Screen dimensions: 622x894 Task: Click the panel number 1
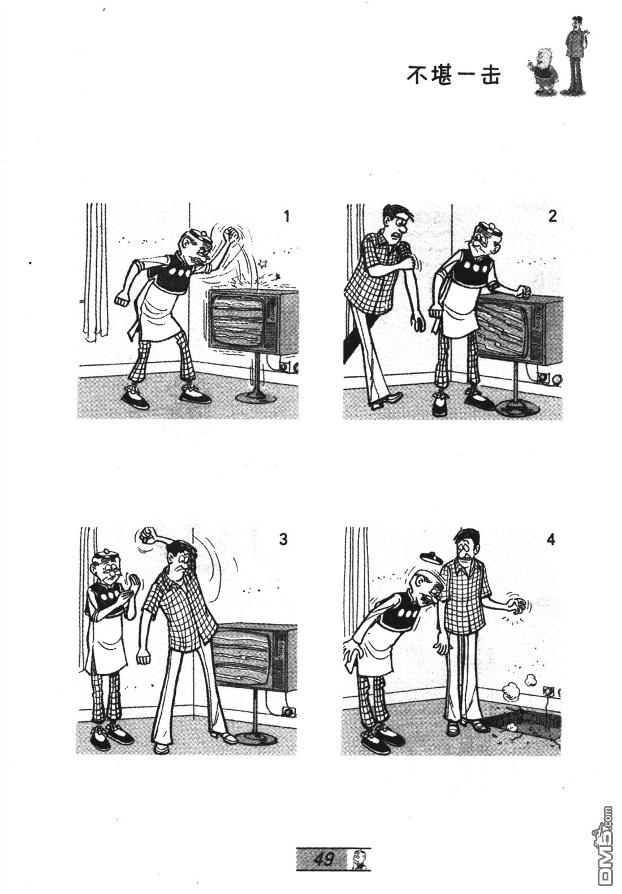pos(286,216)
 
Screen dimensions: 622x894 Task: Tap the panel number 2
pos(552,216)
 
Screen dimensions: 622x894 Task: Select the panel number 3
pos(283,540)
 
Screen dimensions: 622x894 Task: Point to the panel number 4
pos(551,540)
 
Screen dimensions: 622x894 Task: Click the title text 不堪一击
pos(453,75)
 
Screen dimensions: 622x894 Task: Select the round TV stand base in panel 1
pos(257,397)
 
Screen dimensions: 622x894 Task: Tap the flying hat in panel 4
pos(430,555)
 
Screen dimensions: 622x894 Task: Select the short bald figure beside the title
pos(543,71)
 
